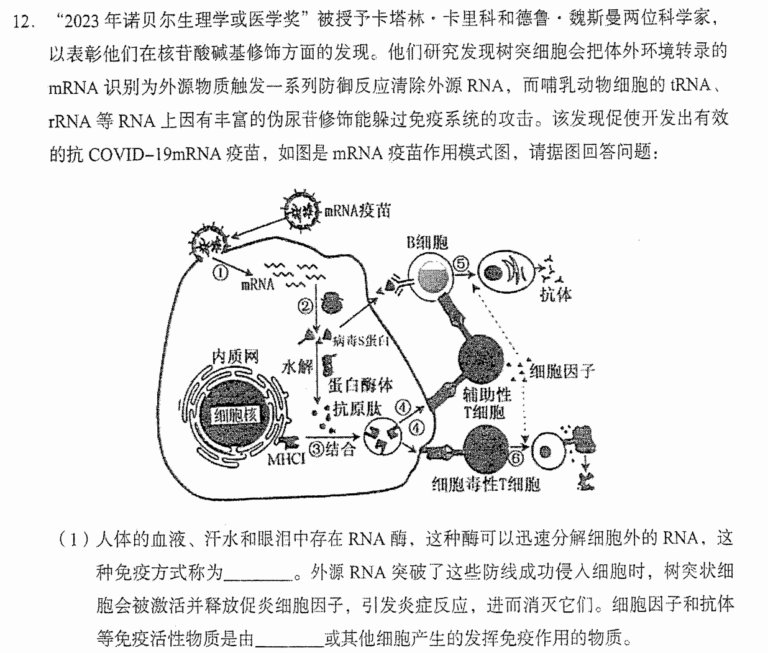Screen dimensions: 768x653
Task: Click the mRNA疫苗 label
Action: coord(357,211)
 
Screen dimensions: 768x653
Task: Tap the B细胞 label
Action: coord(427,242)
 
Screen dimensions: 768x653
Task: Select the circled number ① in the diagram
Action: coord(221,273)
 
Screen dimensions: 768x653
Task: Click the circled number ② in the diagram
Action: coord(305,306)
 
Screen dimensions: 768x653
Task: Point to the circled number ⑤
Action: coord(460,264)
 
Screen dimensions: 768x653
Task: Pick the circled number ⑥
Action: coord(516,459)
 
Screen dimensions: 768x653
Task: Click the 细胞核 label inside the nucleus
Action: coord(235,415)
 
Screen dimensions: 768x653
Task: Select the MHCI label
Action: coord(286,460)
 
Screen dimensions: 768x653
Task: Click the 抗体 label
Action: coord(555,295)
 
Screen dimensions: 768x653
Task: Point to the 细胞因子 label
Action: coord(562,371)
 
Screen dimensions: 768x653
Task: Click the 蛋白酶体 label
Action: coord(360,386)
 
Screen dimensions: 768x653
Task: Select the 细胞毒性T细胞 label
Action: coord(486,484)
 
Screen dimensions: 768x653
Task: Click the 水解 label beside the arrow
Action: coord(297,367)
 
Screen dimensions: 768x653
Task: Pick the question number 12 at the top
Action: coord(24,22)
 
